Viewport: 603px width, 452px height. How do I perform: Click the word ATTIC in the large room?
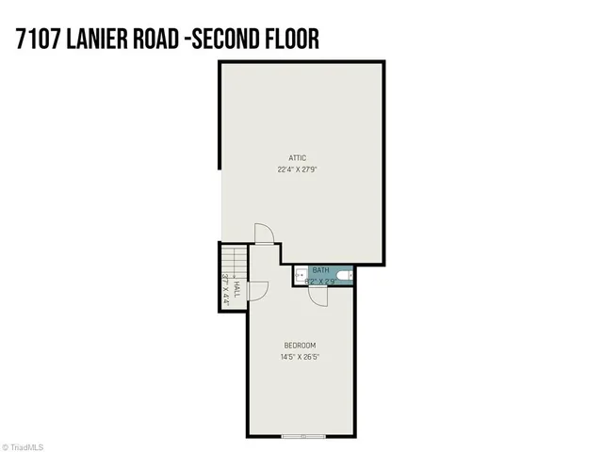[x=298, y=157]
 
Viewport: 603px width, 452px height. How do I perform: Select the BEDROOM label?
[x=301, y=346]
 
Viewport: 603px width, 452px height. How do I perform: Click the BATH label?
[x=321, y=269]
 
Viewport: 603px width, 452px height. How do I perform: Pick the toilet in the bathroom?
[x=346, y=276]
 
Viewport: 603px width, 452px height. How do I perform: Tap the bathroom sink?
[x=299, y=276]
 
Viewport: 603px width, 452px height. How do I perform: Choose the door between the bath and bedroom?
[x=318, y=296]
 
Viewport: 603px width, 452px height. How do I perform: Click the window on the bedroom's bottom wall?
[x=303, y=436]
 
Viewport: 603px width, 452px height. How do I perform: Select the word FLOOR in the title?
[x=286, y=39]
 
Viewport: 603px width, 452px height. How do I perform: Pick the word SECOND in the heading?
[x=223, y=39]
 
